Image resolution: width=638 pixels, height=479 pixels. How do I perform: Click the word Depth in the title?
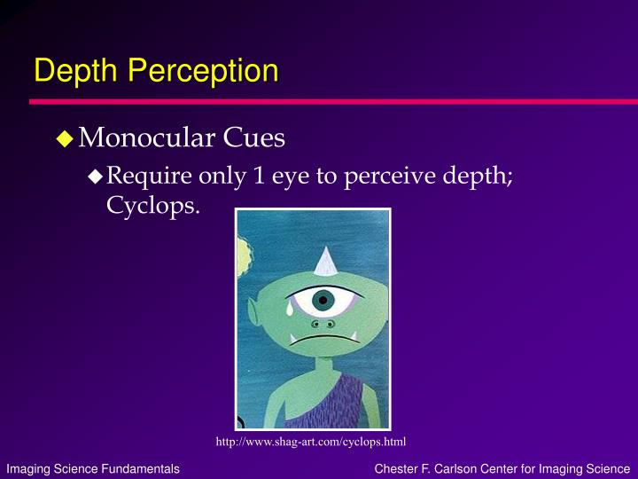pyautogui.click(x=76, y=70)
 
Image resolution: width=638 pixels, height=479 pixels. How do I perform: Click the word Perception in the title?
pyautogui.click(x=204, y=70)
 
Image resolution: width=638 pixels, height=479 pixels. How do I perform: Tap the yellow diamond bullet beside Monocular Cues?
pyautogui.click(x=65, y=138)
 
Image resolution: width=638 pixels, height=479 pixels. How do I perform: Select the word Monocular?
pyautogui.click(x=146, y=137)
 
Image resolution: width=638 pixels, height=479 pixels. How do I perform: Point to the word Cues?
pyautogui.click(x=254, y=137)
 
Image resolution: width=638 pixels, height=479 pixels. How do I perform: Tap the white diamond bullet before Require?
pyautogui.click(x=95, y=177)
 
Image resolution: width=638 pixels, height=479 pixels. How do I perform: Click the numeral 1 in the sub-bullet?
pyautogui.click(x=259, y=176)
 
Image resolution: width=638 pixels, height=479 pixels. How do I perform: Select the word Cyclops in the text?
pyautogui.click(x=151, y=206)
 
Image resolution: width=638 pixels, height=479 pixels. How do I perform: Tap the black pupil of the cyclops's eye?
pyautogui.click(x=323, y=300)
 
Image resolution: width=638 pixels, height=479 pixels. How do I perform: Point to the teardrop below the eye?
pyautogui.click(x=289, y=309)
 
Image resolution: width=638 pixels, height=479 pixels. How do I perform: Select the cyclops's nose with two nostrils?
pyautogui.click(x=323, y=325)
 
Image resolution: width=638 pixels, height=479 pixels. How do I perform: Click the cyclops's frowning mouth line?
pyautogui.click(x=324, y=339)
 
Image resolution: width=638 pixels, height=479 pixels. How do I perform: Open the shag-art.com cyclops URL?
pyautogui.click(x=311, y=442)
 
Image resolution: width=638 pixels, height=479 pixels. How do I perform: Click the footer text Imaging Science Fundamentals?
pyautogui.click(x=93, y=469)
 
